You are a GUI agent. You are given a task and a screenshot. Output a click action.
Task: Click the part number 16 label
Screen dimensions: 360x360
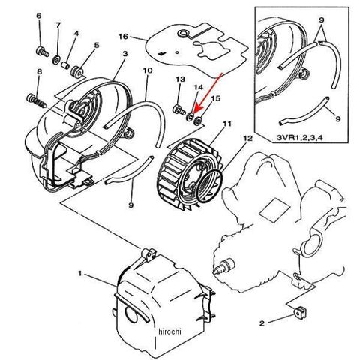point(123,37)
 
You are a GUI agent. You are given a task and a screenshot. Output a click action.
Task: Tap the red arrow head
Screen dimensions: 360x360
point(194,111)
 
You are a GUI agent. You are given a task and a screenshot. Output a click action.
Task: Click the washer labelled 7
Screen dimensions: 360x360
point(56,60)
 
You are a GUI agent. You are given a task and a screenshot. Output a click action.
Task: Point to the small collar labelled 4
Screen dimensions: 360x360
point(66,66)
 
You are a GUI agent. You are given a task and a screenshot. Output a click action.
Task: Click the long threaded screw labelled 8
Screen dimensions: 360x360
point(36,100)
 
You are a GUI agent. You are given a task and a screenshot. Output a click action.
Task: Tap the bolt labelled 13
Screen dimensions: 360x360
point(178,109)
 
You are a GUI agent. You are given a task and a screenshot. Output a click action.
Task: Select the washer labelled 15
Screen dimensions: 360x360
point(198,121)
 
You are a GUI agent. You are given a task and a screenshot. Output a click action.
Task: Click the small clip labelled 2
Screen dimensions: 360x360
point(300,313)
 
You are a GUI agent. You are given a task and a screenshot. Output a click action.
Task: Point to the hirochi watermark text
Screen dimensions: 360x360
point(169,331)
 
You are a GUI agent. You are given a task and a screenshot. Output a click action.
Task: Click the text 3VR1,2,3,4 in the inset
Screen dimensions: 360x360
point(299,137)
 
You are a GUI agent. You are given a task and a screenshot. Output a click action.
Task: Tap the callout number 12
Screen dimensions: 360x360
point(247,138)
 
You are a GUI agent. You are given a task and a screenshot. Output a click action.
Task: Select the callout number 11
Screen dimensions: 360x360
point(227,124)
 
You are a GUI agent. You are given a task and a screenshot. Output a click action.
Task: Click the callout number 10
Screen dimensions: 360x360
point(148,70)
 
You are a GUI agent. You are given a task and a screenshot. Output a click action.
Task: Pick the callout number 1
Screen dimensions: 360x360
point(80,274)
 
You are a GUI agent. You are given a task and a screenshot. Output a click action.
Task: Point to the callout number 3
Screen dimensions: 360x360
point(125,54)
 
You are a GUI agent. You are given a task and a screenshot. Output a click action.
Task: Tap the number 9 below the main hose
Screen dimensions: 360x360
point(131,205)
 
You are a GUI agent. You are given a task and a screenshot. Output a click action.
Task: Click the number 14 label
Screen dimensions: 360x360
point(199,87)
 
